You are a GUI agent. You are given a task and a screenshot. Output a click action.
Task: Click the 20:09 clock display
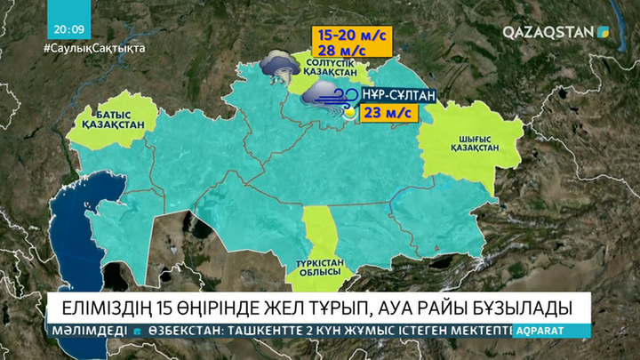[x=68, y=28]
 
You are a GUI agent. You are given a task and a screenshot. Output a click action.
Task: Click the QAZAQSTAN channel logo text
[x=548, y=31]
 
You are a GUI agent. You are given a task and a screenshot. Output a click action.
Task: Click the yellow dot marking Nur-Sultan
[x=350, y=113]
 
